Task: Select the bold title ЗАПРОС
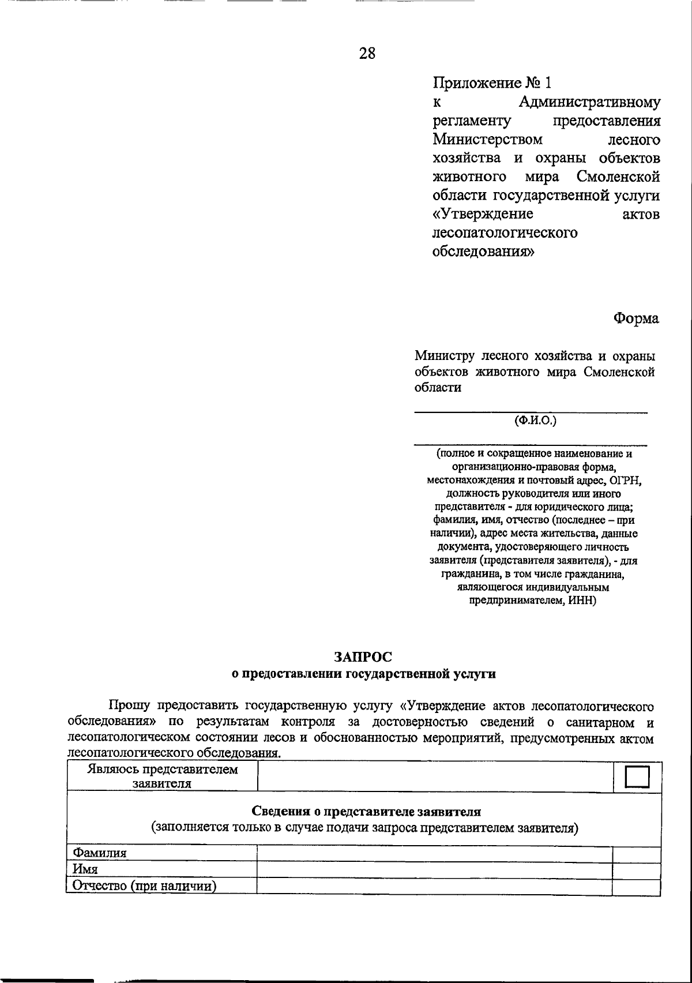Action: (x=363, y=656)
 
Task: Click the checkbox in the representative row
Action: (x=637, y=776)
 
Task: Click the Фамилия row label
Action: (x=99, y=853)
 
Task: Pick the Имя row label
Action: (x=85, y=869)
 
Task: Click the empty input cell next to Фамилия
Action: (x=434, y=854)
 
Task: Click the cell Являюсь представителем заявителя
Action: (x=162, y=776)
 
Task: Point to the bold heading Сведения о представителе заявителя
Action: (x=364, y=812)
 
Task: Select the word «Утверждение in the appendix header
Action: (x=483, y=214)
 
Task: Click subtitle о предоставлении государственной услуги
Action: (x=363, y=674)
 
